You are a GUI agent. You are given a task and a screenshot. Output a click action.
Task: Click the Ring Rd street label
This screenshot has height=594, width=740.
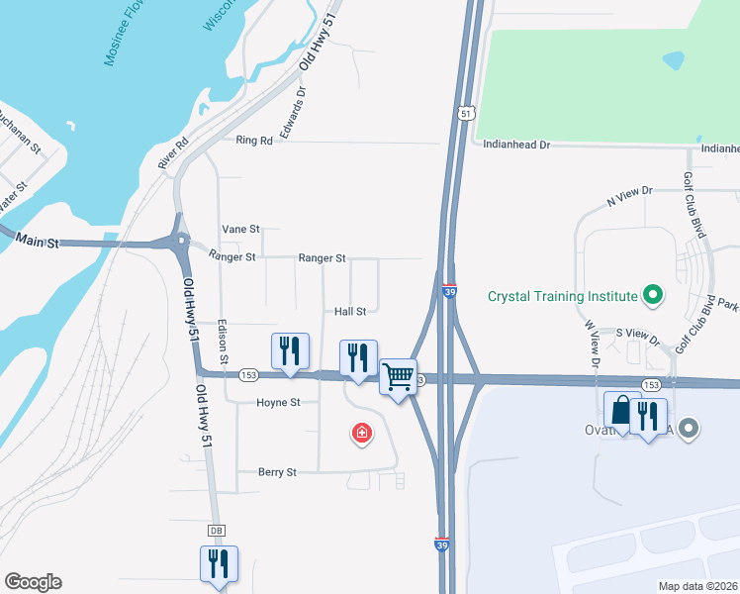(x=254, y=141)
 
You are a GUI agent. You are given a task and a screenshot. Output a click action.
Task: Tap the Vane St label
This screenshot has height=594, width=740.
(x=240, y=229)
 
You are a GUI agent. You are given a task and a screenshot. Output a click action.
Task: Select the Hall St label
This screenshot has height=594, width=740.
(x=350, y=311)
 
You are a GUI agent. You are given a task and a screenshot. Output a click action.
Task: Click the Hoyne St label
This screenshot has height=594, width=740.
(x=278, y=403)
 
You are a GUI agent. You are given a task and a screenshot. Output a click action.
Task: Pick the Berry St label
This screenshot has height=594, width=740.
(x=277, y=472)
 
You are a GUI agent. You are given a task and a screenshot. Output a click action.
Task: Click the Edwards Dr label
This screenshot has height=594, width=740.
(x=294, y=112)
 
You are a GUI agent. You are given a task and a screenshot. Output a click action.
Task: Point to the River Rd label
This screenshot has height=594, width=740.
(x=173, y=152)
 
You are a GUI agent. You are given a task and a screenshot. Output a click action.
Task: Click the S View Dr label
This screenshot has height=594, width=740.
(x=636, y=333)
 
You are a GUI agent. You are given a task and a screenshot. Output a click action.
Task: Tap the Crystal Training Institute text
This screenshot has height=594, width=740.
(x=562, y=296)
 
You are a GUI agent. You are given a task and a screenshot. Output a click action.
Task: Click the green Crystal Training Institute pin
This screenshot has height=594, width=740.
(x=652, y=294)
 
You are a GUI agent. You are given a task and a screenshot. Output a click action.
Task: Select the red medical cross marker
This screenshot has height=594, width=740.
(x=362, y=433)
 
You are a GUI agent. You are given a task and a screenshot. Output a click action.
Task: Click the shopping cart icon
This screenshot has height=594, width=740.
(x=398, y=375)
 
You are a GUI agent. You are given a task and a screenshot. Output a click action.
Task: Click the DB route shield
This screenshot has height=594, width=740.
(x=217, y=531)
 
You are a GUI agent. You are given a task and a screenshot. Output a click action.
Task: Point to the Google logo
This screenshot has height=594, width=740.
(x=33, y=582)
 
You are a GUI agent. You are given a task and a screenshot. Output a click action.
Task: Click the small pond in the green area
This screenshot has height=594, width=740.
(x=674, y=59)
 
